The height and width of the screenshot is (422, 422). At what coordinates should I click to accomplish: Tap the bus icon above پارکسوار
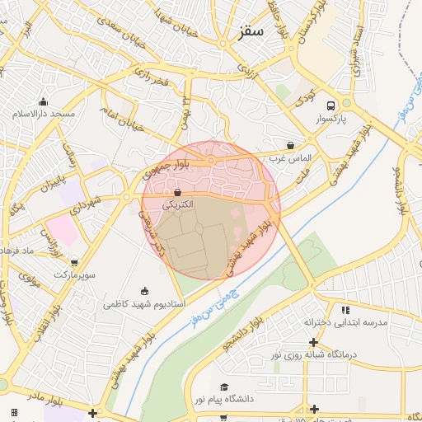point(331,106)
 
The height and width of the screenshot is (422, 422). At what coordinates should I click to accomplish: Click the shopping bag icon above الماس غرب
point(290,145)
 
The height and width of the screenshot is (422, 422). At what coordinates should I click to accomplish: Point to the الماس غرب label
point(289,157)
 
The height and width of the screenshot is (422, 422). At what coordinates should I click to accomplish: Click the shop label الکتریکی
point(178,204)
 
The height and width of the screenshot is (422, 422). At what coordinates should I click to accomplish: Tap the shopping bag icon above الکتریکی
point(179,192)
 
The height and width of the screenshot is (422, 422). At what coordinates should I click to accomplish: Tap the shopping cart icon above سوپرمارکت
point(75,263)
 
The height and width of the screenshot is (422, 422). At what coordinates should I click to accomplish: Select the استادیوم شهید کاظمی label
point(138,303)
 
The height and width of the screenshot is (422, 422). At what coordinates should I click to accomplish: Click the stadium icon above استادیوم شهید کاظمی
point(146,291)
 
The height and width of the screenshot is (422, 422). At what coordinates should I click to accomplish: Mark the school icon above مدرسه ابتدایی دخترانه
point(345,310)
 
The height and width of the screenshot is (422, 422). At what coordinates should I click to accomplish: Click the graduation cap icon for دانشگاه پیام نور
point(223,387)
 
